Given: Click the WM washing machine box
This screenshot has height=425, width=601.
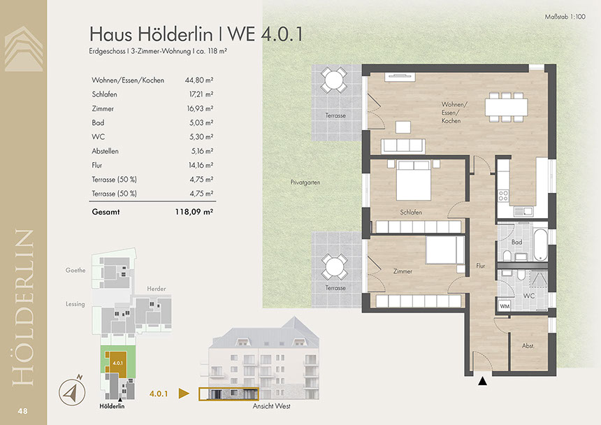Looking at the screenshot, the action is coord(505,305).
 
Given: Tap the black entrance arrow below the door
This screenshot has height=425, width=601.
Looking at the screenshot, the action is coord(483,381).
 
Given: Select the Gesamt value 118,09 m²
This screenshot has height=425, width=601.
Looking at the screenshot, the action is coord(194,212).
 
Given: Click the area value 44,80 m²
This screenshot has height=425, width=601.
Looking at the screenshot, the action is coord(199,80).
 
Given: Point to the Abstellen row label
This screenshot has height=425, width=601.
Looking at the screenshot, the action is coord(105,151).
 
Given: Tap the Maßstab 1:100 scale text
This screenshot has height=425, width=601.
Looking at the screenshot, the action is coord(565,17).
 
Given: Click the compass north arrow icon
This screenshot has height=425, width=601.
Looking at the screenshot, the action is coord(72,391).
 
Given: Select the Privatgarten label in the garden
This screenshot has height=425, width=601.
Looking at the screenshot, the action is coord(305,182).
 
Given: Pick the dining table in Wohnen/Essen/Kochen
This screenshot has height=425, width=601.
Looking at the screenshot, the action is coord(507,108).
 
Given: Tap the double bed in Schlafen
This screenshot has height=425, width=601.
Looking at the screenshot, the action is coord(414,180).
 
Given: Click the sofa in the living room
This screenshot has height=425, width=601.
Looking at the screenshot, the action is coord(403,145).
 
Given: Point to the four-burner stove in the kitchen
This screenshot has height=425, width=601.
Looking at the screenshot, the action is coord(503,196).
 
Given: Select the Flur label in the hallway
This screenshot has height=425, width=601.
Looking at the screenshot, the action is coord(480,266).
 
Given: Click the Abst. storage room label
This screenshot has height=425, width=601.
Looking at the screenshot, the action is coord(528,346).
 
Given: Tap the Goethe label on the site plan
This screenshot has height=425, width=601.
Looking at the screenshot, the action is coord(75,271).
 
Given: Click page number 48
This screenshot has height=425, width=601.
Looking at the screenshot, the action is coord(22,411).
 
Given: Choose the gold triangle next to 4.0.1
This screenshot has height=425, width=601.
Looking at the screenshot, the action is coord(184,394).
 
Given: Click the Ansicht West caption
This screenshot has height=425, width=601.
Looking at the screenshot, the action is coord(271,406).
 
